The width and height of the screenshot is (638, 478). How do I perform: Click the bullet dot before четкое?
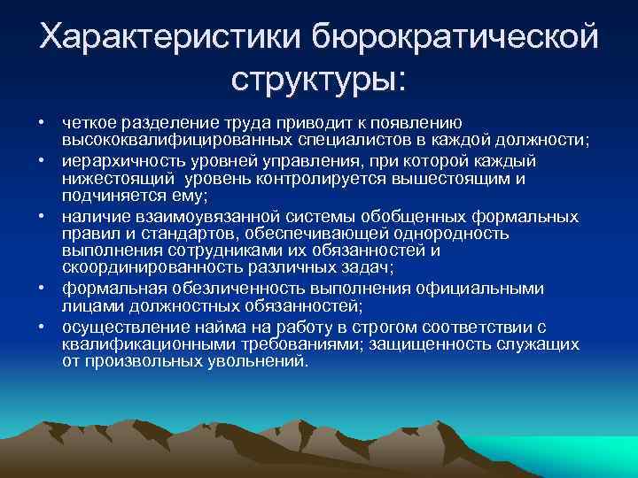pos(42,123)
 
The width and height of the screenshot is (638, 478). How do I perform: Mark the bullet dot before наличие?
pos(42,217)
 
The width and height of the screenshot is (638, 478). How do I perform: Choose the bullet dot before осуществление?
pos(42,327)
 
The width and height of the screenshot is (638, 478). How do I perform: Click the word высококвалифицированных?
pos(167,141)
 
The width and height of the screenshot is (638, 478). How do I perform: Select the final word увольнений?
pos(258,361)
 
